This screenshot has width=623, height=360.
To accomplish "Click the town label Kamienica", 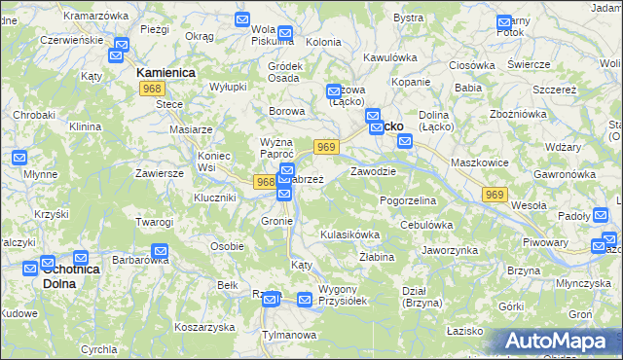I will (x=165, y=73).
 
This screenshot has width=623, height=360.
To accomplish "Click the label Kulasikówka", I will (x=349, y=234).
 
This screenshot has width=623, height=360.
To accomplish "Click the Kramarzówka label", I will (x=94, y=17).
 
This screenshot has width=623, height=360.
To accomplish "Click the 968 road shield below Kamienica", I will (x=151, y=89).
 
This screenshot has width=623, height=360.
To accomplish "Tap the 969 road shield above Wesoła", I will (x=495, y=196).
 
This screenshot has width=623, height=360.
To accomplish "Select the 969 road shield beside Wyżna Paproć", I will (x=326, y=147).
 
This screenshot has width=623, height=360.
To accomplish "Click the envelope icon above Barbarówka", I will (x=161, y=250).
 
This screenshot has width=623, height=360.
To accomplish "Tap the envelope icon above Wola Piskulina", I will (x=244, y=19).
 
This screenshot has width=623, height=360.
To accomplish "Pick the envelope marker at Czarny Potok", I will (x=503, y=21).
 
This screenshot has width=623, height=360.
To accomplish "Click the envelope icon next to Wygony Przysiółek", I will (x=305, y=300).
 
